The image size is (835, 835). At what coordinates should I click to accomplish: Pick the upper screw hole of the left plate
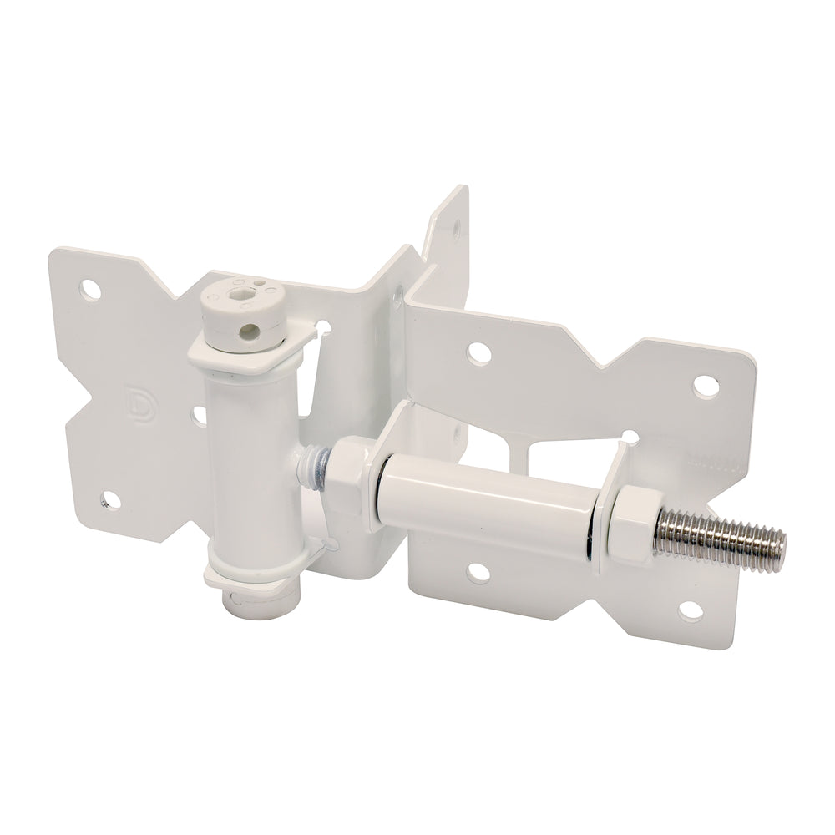89,289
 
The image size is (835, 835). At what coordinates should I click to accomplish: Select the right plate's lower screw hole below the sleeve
478,571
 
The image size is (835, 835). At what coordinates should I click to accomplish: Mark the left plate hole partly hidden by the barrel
200,414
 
